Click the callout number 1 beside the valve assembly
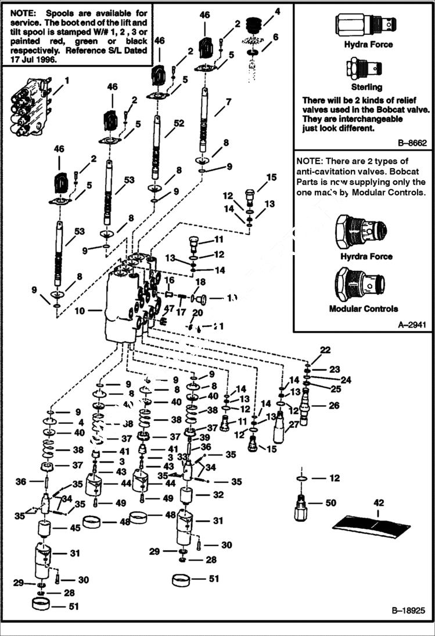(67, 80)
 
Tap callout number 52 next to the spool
(178, 123)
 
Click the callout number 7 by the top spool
(228, 102)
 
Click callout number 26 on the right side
(334, 406)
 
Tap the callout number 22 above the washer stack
(325, 350)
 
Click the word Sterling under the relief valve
(364, 87)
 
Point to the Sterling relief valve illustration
(364, 69)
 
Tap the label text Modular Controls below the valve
(364, 309)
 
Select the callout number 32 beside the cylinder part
(218, 495)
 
